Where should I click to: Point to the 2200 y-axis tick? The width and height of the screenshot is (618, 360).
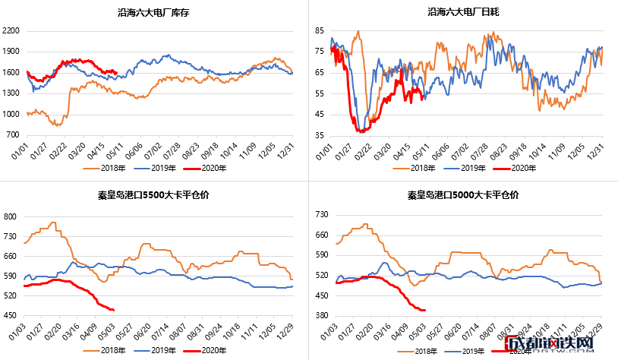[11, 31]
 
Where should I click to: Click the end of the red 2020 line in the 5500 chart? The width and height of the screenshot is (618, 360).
[113, 310]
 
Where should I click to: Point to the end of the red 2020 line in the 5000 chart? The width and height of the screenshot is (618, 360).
[424, 310]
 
